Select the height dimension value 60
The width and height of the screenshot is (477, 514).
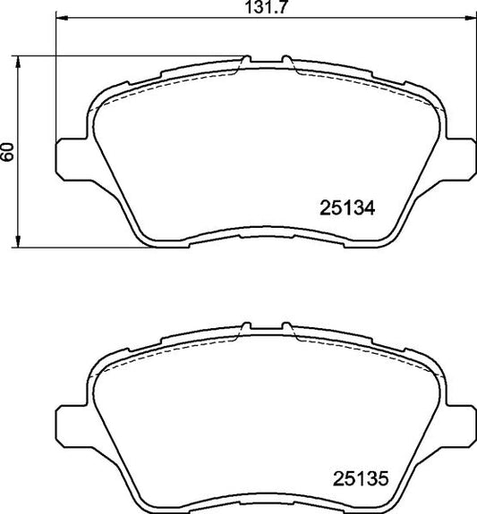8,151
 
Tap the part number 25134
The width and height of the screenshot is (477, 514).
345,207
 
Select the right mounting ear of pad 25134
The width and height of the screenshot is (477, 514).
460,154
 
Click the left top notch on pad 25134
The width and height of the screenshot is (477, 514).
244,63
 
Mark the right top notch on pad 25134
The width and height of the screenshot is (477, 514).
286,63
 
